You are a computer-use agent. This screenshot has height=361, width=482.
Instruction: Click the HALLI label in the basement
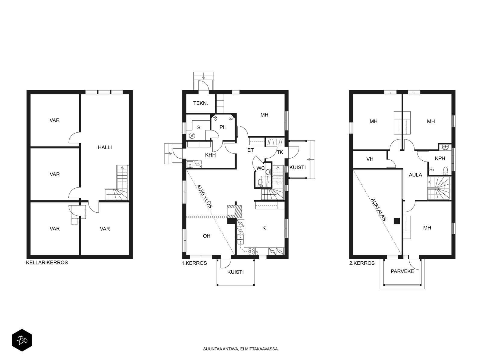pos(105,147)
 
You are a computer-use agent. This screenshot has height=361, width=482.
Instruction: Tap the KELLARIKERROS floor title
pos(47,263)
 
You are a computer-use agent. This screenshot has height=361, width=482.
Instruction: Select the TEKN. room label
pos(201,103)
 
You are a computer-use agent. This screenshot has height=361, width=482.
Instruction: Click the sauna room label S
pos(199,128)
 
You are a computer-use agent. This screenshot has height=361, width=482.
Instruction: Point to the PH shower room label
pos(223,127)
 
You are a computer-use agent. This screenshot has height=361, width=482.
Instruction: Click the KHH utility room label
pos(210,155)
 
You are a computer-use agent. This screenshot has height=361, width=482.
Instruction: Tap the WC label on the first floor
pos(261,168)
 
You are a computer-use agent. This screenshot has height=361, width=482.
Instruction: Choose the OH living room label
pos(207,236)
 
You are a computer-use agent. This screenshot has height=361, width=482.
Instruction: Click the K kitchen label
pos(264,228)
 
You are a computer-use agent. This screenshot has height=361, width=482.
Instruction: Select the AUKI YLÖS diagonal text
pos(205,196)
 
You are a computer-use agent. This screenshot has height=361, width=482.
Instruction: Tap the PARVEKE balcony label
pos(402,271)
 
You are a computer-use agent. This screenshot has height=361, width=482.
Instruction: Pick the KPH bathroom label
pos(440,158)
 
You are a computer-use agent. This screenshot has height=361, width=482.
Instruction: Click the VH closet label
pos(370,159)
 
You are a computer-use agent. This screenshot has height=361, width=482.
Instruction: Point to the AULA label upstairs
pos(415,175)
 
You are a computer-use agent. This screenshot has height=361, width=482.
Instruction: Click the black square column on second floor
pos(397,221)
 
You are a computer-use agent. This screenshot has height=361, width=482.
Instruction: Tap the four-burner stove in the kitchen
pos(252,251)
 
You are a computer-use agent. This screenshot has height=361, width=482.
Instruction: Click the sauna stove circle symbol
pos(192,136)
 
